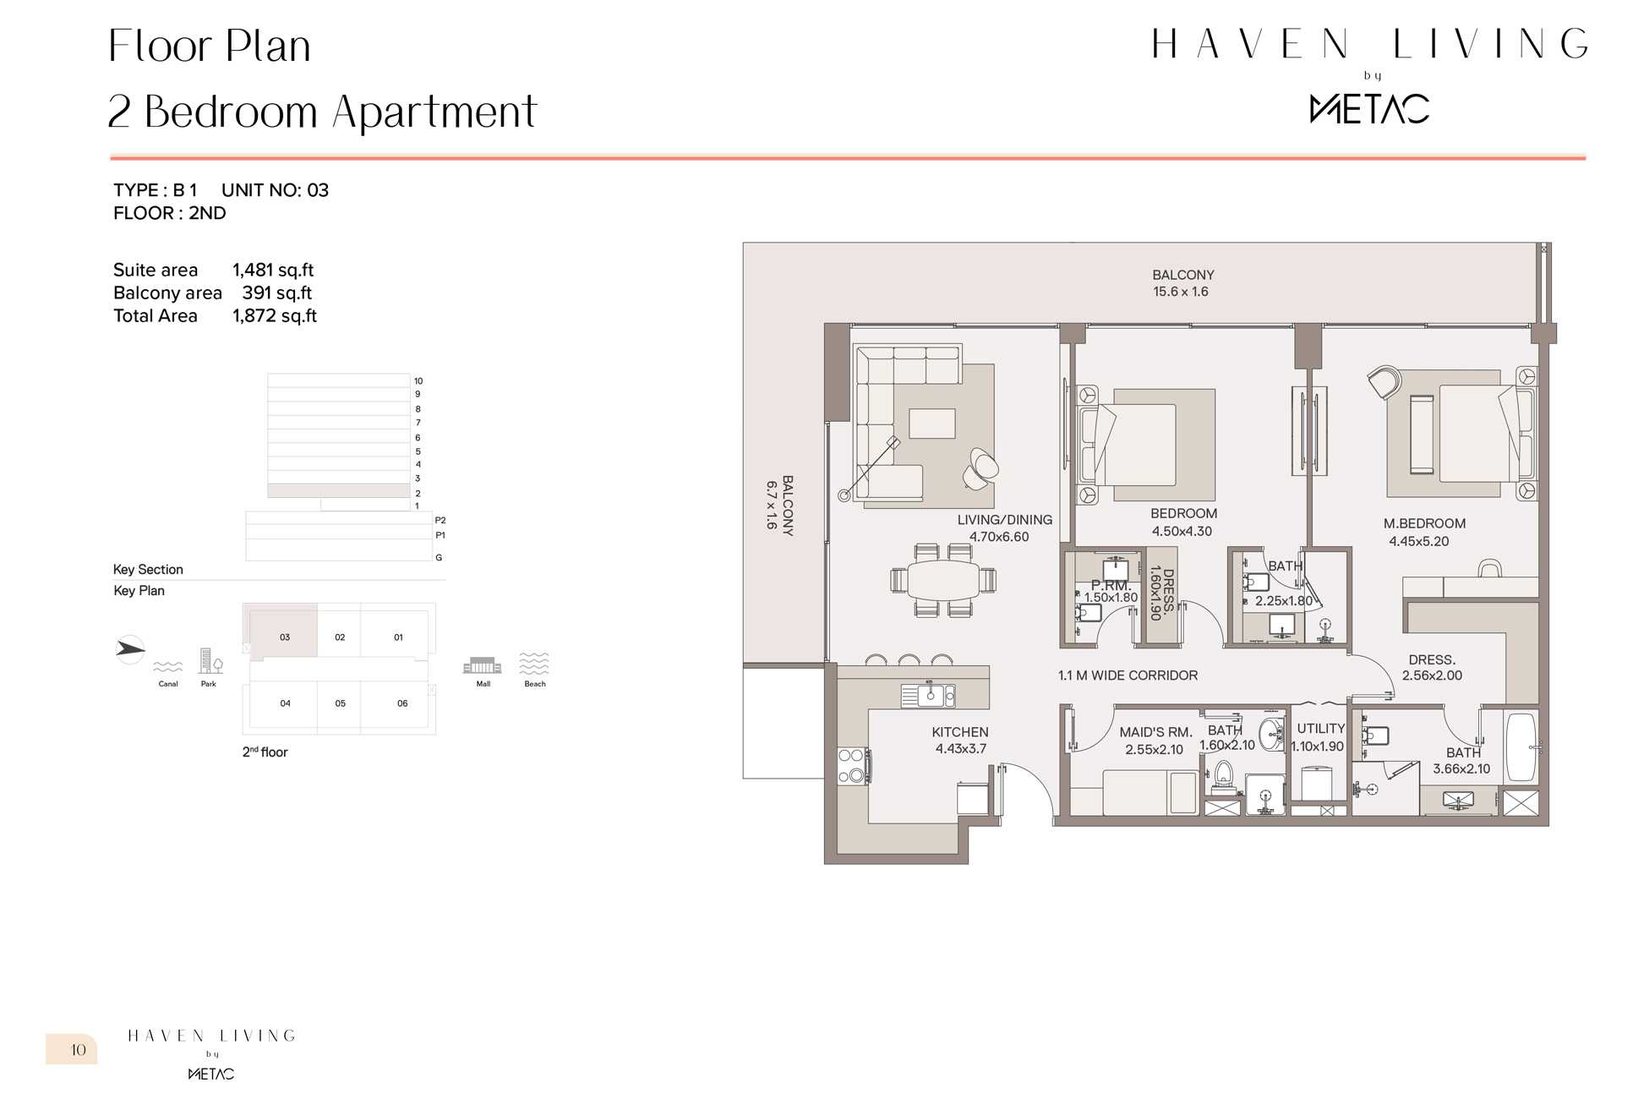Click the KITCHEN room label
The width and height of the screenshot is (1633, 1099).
click(959, 732)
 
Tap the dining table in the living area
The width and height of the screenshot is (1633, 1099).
click(942, 580)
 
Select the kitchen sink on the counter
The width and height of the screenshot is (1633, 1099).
click(929, 695)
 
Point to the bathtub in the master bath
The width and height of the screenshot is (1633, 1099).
click(1521, 747)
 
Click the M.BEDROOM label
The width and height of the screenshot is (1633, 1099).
click(1424, 523)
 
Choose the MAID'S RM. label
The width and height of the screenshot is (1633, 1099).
click(1155, 732)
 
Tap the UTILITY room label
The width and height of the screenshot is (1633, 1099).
click(1320, 729)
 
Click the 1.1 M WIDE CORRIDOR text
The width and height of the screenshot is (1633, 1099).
click(1128, 675)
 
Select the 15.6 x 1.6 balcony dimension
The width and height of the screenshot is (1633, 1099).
click(1181, 292)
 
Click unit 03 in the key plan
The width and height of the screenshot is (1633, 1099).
click(285, 637)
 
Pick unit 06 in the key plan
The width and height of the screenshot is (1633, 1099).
click(402, 703)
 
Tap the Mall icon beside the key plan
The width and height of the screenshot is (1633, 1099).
click(482, 665)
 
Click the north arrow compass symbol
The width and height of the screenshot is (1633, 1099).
click(129, 649)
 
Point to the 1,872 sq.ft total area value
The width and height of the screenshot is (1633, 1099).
click(275, 316)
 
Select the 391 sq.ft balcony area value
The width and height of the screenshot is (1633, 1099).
click(277, 293)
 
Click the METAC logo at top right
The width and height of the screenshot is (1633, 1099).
click(1369, 109)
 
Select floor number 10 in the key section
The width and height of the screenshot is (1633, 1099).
click(418, 381)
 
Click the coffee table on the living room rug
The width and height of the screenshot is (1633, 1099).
click(932, 424)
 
